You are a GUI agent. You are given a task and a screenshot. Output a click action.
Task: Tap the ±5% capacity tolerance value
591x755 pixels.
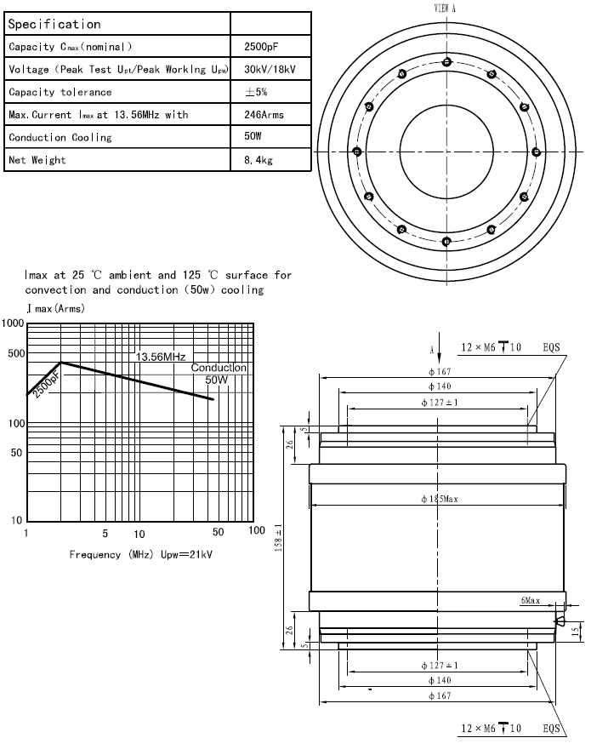pos(256,91)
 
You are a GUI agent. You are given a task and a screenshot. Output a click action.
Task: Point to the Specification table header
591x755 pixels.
pos(54,25)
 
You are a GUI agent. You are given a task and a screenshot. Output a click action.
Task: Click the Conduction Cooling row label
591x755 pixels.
pos(60,137)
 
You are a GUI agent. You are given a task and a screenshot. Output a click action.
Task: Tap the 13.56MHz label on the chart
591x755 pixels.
pos(160,357)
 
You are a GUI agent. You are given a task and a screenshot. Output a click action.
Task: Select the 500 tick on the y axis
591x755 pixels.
pos(15,353)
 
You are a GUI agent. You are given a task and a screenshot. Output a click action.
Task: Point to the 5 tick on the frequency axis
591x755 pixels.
pos(105,534)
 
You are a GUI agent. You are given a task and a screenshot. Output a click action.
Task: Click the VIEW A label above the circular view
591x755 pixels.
pos(446,7)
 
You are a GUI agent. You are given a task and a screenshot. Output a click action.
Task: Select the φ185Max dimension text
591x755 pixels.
pos(440,499)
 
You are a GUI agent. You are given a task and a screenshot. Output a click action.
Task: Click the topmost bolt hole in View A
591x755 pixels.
pos(446,61)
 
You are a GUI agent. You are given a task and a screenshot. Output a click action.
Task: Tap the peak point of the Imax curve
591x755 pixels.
pos(60,363)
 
